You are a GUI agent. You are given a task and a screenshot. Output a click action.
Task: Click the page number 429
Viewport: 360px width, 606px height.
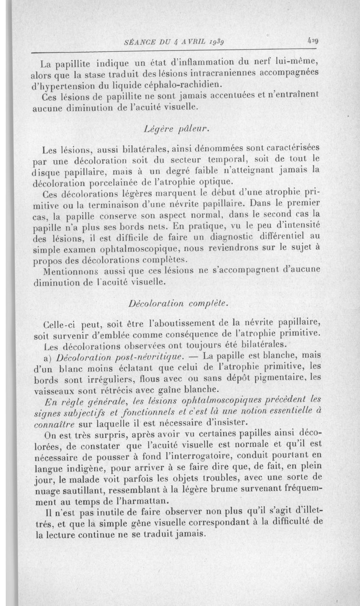point(313,40)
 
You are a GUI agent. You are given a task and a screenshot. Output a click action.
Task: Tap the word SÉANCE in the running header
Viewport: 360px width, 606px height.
point(137,42)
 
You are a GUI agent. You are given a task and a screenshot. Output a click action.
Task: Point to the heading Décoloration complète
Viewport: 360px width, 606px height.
point(180,304)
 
